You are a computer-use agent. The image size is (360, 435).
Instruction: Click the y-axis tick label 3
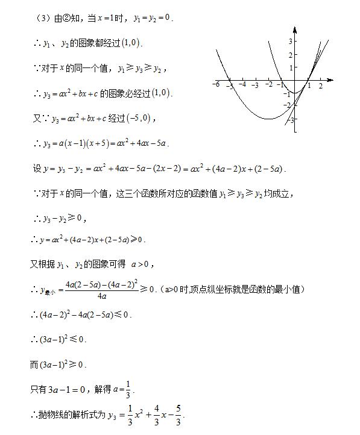point(289,42)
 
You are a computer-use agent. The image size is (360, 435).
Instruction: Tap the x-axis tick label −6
point(216,84)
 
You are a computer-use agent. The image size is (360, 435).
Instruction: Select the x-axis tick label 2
point(320,86)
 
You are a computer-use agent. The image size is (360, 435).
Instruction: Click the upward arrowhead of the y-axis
point(295,30)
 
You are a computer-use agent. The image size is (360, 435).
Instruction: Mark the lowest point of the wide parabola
point(269,119)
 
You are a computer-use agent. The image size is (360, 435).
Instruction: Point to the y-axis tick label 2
point(289,55)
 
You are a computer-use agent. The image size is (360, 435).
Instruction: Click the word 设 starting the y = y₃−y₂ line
point(36,169)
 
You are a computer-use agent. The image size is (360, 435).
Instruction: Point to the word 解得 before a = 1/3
point(101,390)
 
